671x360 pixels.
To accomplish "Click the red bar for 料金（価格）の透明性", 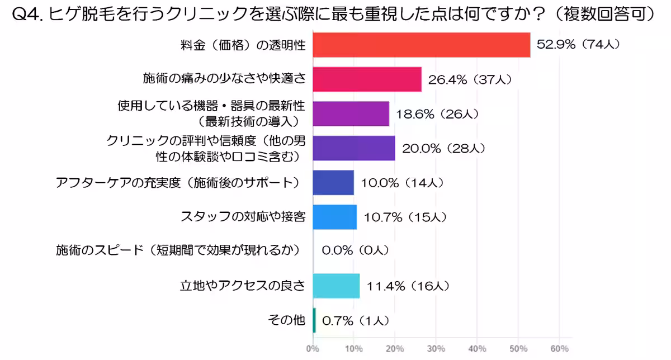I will point(421,45).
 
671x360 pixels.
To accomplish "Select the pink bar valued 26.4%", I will point(367,79).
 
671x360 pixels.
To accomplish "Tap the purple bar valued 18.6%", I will point(351,113).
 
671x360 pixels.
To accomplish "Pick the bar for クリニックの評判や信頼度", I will point(353,148).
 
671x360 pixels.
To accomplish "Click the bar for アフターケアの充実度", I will point(333,183).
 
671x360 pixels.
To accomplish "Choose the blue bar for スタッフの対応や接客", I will point(334,217).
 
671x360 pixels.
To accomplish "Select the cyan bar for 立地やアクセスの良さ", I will point(336,286).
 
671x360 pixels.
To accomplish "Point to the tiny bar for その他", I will point(314,320).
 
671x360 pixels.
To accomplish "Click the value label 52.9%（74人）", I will point(578,45).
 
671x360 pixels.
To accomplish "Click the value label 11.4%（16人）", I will point(408,286).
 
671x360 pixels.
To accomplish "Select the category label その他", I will point(287,320).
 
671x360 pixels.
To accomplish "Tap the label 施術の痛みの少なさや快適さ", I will point(224,79).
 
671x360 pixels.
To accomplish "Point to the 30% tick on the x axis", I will point(436,349).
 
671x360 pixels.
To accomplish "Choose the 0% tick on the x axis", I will point(313,349).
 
